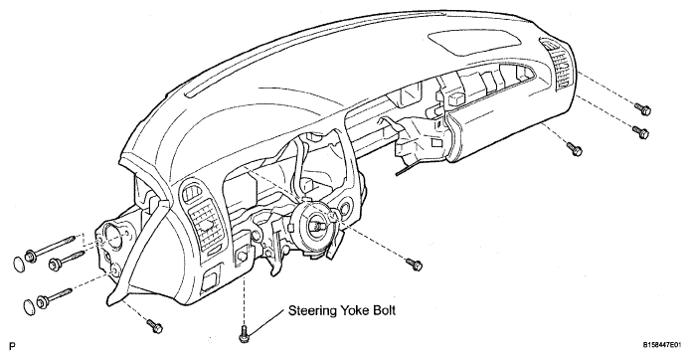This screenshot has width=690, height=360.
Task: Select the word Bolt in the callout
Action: click(x=385, y=310)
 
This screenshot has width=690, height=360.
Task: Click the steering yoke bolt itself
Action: click(x=244, y=333)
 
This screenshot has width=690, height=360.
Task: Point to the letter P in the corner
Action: click(x=12, y=347)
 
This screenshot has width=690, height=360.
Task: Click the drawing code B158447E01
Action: click(x=664, y=345)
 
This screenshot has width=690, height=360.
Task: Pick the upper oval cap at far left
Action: click(x=19, y=264)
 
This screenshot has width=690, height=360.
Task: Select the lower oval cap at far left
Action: click(x=29, y=306)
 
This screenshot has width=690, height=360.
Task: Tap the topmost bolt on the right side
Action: click(x=643, y=108)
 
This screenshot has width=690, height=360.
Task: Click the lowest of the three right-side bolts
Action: click(x=575, y=148)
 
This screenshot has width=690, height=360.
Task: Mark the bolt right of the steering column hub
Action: click(x=415, y=265)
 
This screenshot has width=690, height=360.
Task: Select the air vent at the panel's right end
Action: click(x=561, y=65)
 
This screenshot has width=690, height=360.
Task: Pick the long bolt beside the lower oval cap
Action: click(x=55, y=296)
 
